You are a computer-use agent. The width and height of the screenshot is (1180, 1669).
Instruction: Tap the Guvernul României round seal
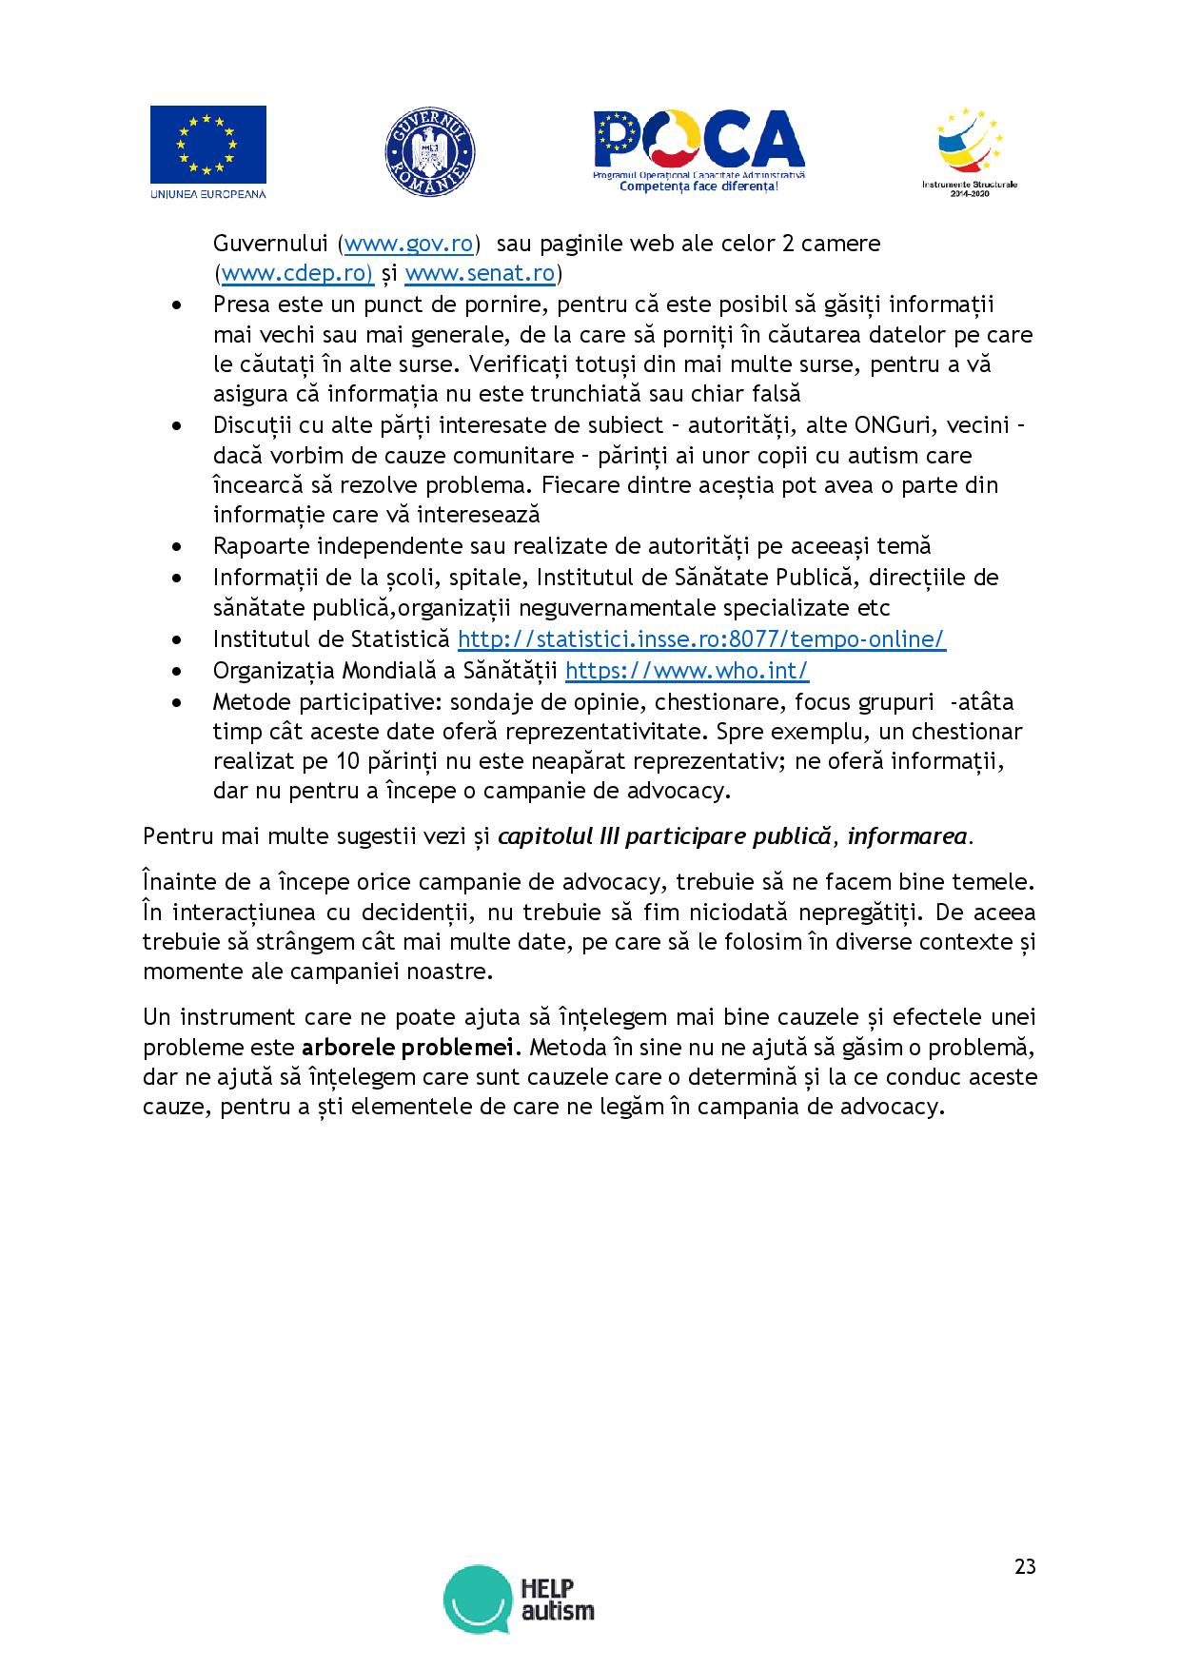click(429, 153)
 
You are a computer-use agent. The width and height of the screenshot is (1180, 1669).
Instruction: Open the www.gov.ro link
click(409, 244)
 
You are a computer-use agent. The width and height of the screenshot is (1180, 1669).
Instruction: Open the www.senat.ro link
click(480, 275)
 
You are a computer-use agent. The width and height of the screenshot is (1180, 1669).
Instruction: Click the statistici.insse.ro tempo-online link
click(701, 639)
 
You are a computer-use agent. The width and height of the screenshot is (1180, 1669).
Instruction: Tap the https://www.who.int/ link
click(687, 671)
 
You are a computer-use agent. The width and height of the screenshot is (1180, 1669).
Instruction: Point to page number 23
click(1025, 1567)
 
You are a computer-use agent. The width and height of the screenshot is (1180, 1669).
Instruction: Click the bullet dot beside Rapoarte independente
click(177, 547)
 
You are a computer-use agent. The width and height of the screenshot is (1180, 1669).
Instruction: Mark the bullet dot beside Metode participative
click(177, 703)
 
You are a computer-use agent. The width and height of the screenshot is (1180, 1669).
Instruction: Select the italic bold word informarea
click(908, 837)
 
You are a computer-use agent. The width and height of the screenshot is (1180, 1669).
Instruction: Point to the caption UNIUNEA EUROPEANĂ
click(207, 194)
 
